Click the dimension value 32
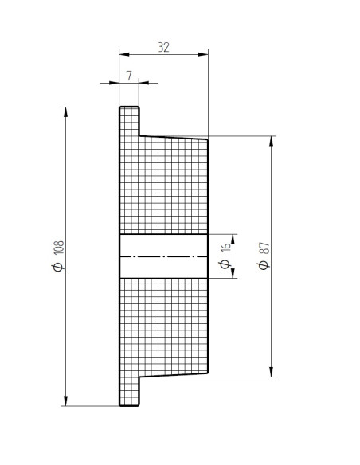click(x=164, y=48)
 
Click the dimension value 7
click(x=129, y=76)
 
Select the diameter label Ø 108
click(x=58, y=256)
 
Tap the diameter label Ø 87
click(x=264, y=256)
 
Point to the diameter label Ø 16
click(x=225, y=256)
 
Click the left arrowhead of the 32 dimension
click(x=124, y=54)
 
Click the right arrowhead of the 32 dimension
click(x=203, y=54)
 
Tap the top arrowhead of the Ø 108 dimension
click(x=65, y=112)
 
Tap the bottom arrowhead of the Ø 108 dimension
click(x=65, y=401)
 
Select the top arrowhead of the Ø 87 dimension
click(x=271, y=142)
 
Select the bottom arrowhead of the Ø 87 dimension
click(x=271, y=372)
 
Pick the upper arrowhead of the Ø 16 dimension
click(x=233, y=240)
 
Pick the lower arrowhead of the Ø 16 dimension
click(x=233, y=273)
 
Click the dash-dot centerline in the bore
click(x=164, y=256)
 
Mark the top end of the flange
click(x=129, y=107)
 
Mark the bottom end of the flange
click(x=129, y=405)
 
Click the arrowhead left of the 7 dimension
click(x=114, y=83)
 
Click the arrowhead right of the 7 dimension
click(x=144, y=83)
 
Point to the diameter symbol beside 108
click(x=58, y=267)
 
